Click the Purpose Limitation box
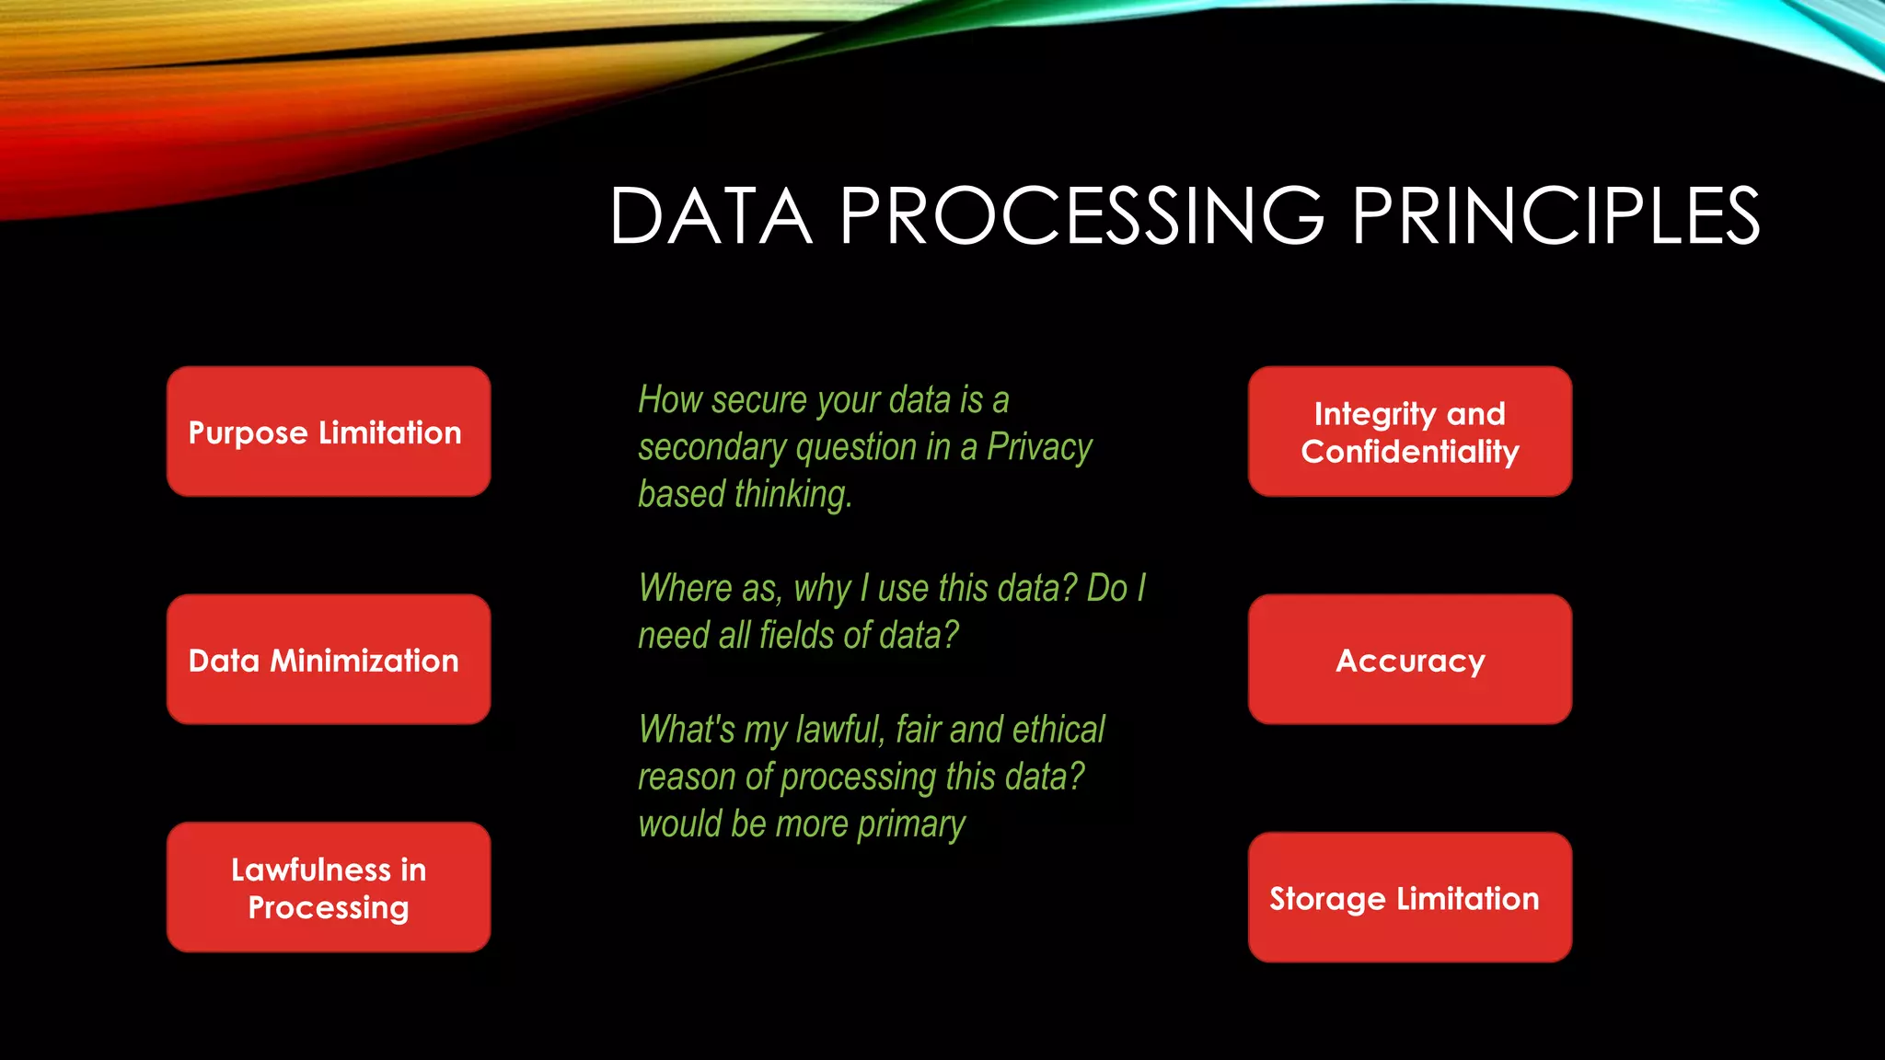coord(328,432)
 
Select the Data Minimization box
coord(328,660)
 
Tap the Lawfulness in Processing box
coord(328,888)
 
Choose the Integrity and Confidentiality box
coord(1409,432)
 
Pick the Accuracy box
coord(1409,660)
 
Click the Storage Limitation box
coord(1409,898)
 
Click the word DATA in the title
coord(711,217)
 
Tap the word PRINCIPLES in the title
coord(1555,217)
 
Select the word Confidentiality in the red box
coord(1409,452)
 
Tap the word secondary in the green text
coord(711,448)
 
